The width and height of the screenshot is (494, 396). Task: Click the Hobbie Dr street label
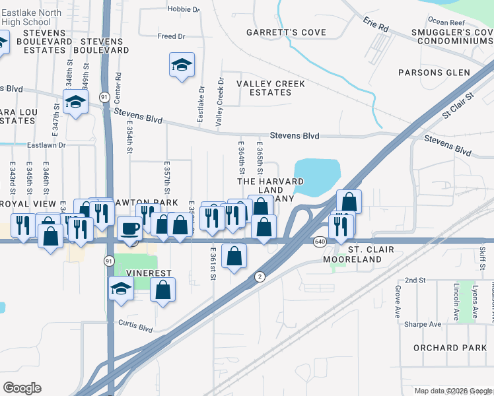point(184,10)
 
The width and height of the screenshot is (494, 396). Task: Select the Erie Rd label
point(375,24)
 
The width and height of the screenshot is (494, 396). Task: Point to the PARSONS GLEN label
point(434,73)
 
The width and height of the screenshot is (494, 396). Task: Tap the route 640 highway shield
point(320,242)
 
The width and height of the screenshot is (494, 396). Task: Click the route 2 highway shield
point(260,277)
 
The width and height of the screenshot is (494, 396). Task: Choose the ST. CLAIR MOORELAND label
point(352,255)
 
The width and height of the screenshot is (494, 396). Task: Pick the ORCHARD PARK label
point(445,348)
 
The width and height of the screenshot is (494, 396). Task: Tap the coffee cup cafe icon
point(129,228)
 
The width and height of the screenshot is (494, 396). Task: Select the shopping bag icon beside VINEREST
point(162,290)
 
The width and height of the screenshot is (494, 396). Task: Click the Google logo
point(22,388)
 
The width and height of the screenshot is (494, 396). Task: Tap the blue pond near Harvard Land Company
point(320,175)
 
